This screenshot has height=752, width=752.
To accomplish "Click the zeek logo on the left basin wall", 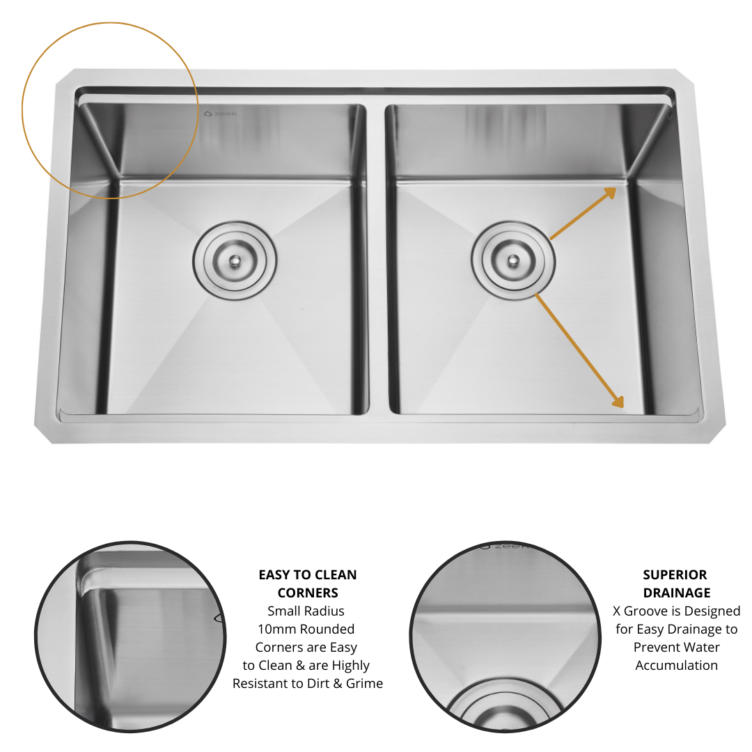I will [x=220, y=113].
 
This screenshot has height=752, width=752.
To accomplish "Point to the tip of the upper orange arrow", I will [x=616, y=188].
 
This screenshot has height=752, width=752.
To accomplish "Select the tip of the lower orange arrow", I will [x=622, y=405].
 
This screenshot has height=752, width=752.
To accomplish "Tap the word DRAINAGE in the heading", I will [x=676, y=593].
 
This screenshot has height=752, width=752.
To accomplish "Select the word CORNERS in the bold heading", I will [x=308, y=593].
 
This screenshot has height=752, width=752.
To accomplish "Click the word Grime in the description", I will [x=364, y=684].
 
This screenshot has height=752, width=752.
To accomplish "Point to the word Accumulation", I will [x=676, y=666].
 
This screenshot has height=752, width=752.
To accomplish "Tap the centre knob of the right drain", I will [x=513, y=259].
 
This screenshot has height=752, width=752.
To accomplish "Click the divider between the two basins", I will [x=376, y=258].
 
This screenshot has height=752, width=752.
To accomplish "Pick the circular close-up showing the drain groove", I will [x=505, y=636].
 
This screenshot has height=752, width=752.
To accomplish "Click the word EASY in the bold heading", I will [x=274, y=575].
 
